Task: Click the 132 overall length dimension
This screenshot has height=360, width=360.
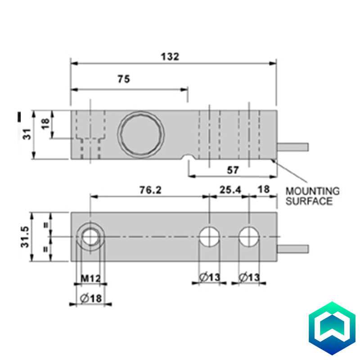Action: [x=170, y=57]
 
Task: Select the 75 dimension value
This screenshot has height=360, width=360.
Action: [x=124, y=79]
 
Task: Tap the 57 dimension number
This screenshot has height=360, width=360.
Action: [x=233, y=170]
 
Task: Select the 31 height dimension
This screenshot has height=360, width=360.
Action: [x=27, y=134]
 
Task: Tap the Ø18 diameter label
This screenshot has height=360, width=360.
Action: [x=90, y=298]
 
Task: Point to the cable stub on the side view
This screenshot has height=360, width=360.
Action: [x=293, y=147]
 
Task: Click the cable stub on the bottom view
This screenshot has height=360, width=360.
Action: [x=293, y=248]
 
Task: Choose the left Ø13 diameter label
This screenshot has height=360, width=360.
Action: [x=209, y=278]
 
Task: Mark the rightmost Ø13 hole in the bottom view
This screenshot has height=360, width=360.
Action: [x=250, y=237]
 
